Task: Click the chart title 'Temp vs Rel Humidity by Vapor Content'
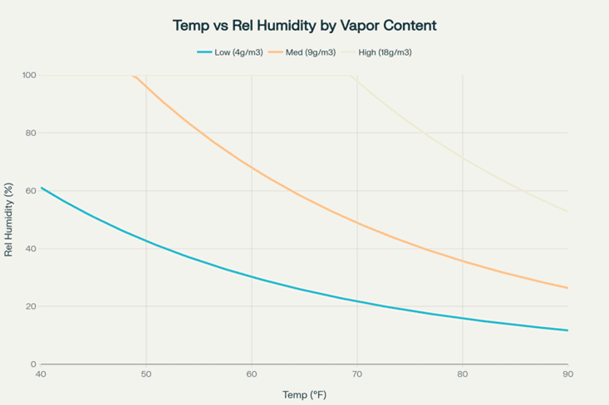pos(304,26)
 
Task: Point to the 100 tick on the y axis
pos(29,76)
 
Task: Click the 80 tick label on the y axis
pos(31,133)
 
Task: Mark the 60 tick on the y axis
pos(31,191)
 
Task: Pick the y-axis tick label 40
pos(31,249)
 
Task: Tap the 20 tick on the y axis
pos(31,306)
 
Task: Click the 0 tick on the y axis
pos(33,364)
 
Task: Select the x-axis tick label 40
pos(41,375)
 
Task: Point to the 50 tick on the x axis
pos(146,375)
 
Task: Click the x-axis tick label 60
pos(252,375)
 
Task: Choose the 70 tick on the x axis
pos(357,375)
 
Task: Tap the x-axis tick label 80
pos(463,375)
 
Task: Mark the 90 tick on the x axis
pos(568,375)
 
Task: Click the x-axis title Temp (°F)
pos(304,395)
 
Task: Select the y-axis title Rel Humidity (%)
pos(9,220)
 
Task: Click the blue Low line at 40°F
pos(42,188)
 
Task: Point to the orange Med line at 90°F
pos(567,288)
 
